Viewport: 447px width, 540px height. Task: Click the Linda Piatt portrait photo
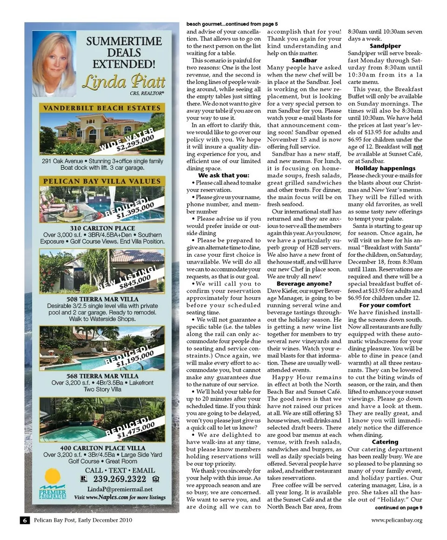[54, 64]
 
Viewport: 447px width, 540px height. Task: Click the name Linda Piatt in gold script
[123, 82]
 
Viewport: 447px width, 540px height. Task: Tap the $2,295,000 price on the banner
[135, 142]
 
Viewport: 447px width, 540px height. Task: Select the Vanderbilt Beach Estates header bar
[102, 108]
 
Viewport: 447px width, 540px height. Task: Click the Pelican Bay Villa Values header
[102, 181]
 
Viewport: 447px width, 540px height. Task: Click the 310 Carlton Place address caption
[102, 228]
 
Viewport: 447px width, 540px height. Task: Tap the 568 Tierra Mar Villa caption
[102, 376]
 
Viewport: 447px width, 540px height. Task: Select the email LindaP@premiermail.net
[120, 489]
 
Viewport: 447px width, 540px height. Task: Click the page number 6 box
[25, 520]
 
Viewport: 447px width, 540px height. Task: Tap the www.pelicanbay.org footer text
[397, 520]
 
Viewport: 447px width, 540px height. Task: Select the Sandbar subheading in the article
[304, 60]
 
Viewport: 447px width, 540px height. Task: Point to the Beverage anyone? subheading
[304, 283]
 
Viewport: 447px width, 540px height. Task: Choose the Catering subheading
[385, 441]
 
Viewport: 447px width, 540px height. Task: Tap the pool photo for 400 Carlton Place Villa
[102, 420]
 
